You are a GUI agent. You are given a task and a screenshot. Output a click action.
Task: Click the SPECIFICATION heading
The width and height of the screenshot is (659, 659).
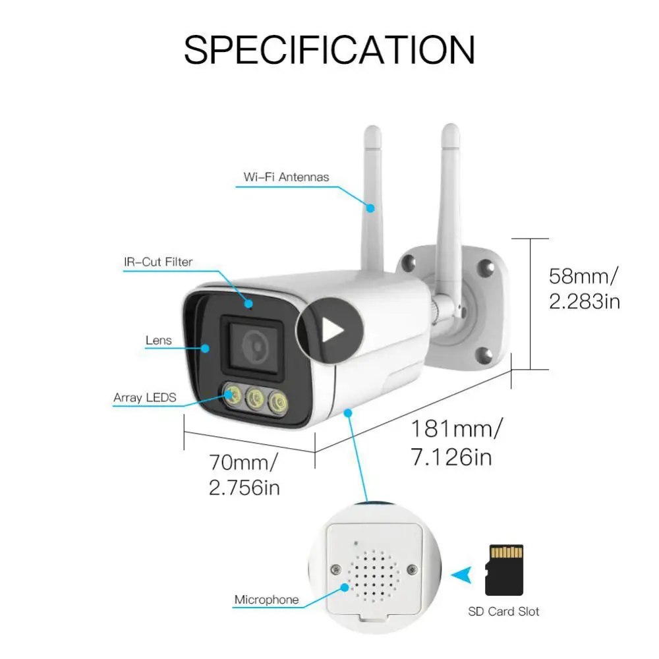pyautogui.click(x=329, y=49)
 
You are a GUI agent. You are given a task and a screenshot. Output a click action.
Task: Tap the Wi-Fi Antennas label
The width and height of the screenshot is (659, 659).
pyautogui.click(x=286, y=177)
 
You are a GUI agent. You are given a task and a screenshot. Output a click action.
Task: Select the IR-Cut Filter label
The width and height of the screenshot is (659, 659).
pyautogui.click(x=158, y=262)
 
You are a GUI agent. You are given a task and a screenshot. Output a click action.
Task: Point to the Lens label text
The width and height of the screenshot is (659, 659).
pyautogui.click(x=158, y=340)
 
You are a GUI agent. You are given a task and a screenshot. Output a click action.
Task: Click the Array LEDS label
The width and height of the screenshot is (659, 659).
pyautogui.click(x=144, y=397)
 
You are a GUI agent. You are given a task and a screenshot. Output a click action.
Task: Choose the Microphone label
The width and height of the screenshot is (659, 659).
pyautogui.click(x=266, y=600)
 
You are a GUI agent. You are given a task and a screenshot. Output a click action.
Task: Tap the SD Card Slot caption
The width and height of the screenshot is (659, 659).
pyautogui.click(x=503, y=612)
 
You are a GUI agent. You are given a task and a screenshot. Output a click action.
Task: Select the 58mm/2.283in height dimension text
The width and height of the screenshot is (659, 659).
pyautogui.click(x=584, y=287)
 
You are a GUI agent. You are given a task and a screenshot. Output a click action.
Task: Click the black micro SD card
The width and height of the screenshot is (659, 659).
pyautogui.click(x=504, y=570)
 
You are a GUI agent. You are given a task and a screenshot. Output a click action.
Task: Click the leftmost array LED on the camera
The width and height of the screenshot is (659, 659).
pyautogui.click(x=233, y=395)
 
